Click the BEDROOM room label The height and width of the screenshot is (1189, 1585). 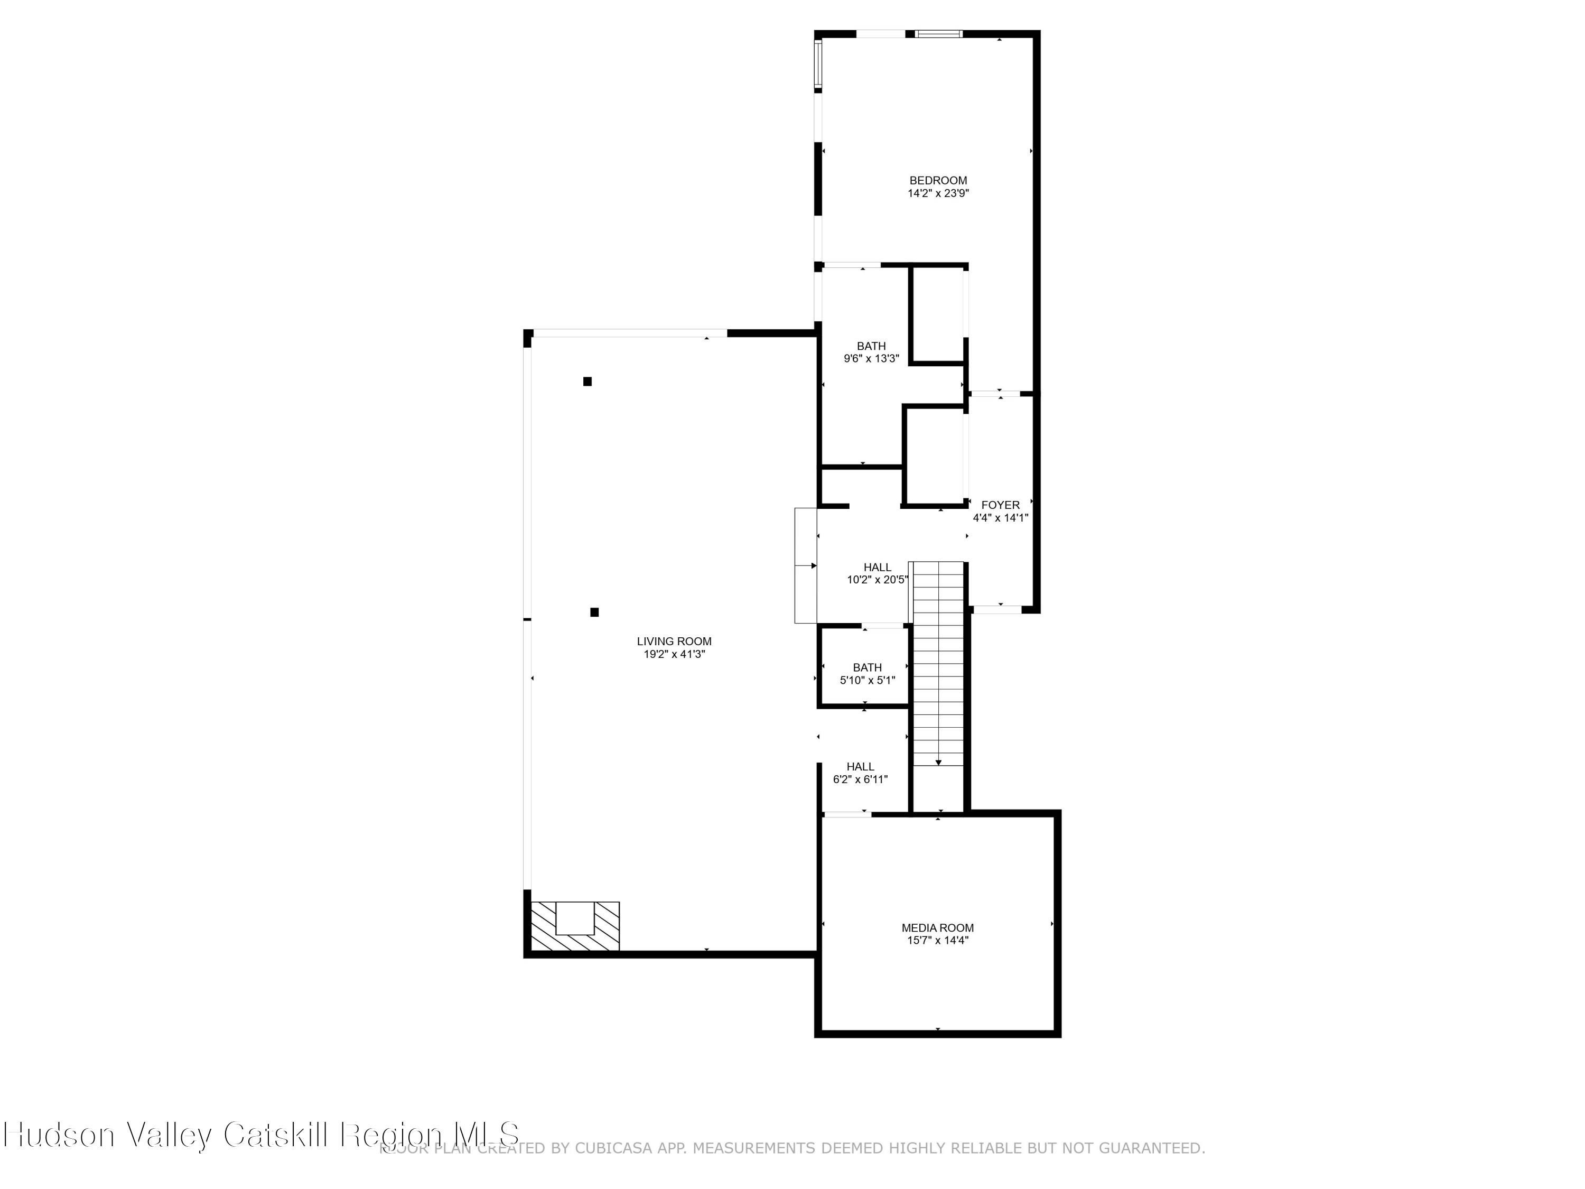tap(938, 181)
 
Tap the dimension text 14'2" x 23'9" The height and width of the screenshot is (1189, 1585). tap(938, 193)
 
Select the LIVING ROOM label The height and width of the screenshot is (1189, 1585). tap(674, 642)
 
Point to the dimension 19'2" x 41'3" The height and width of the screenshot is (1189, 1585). tap(674, 654)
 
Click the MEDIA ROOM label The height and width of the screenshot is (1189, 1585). tap(937, 927)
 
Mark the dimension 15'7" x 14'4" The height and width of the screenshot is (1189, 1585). tap(937, 940)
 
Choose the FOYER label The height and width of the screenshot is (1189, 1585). tap(1000, 505)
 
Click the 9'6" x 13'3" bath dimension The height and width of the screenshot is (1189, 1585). tap(871, 358)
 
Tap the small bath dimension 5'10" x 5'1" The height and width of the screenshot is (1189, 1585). tap(867, 680)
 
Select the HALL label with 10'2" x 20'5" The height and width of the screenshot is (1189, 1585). tap(877, 567)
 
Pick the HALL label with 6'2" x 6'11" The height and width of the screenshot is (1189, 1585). tap(860, 766)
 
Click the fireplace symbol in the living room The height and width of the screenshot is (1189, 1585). tap(575, 926)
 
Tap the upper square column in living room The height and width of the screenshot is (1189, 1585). tap(587, 382)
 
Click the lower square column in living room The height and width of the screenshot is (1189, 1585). tap(594, 612)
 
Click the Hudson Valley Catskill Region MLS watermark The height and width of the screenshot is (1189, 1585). tap(262, 1135)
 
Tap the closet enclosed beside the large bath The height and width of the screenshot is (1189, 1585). tap(938, 315)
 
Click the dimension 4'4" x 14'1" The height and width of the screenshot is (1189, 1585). tap(1000, 517)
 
